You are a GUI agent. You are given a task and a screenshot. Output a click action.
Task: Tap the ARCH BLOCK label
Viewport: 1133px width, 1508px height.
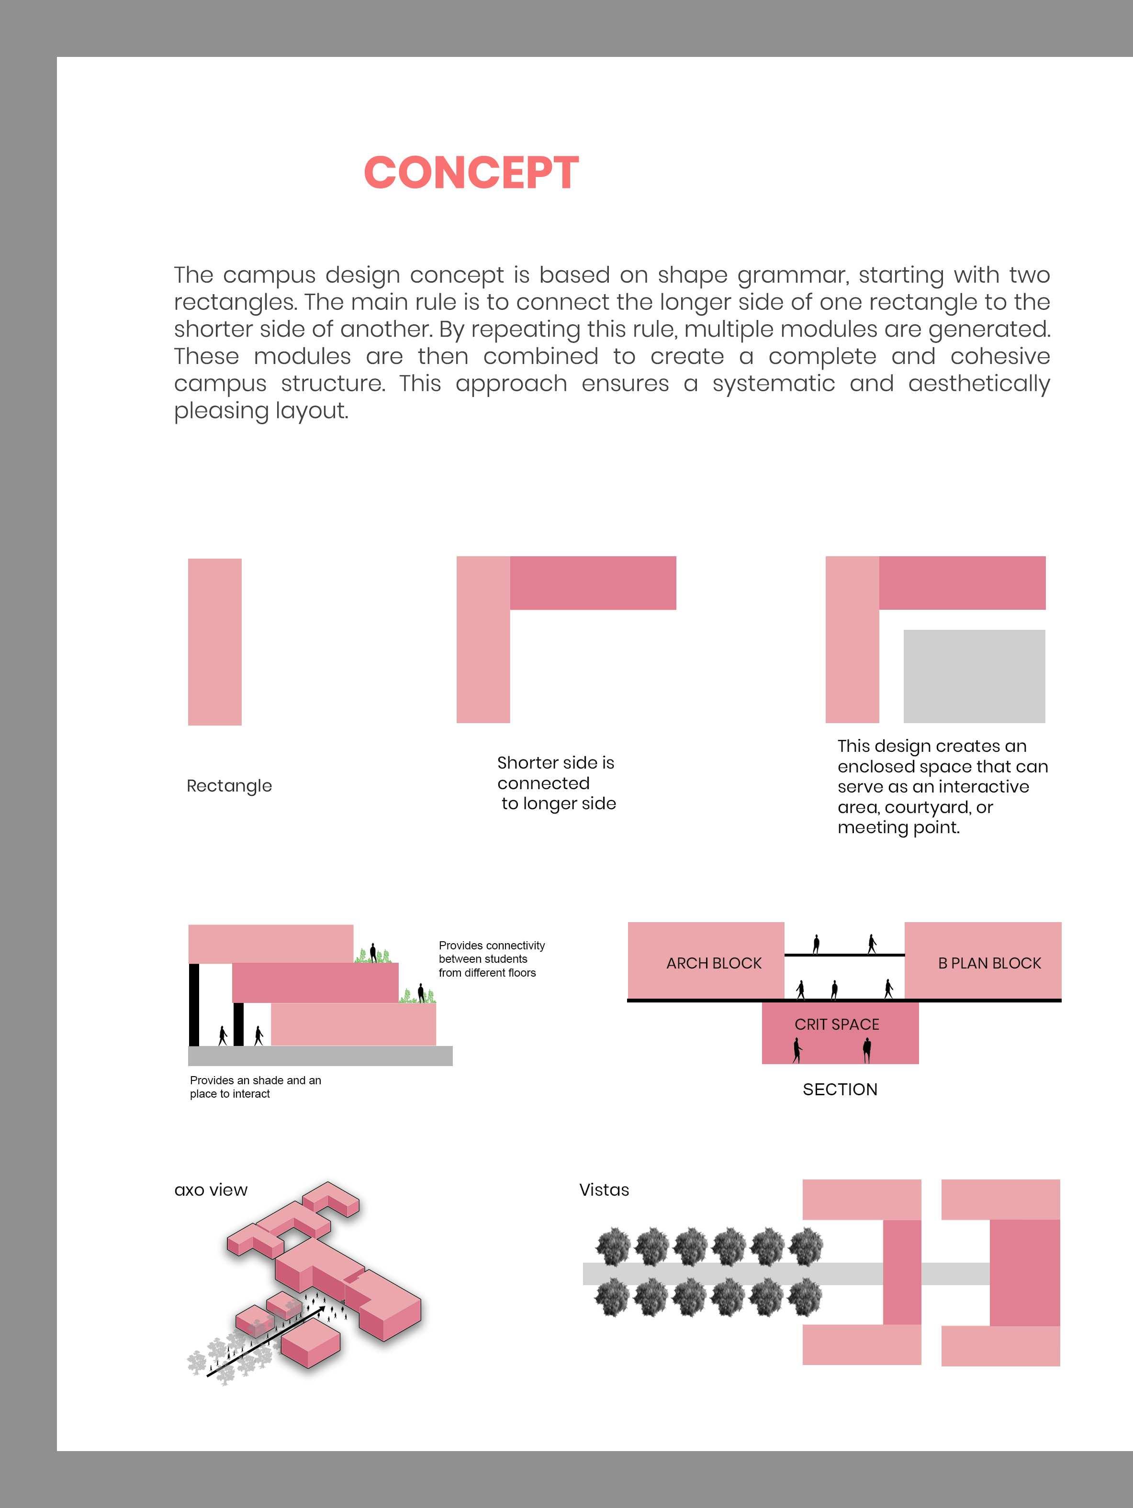pyautogui.click(x=714, y=963)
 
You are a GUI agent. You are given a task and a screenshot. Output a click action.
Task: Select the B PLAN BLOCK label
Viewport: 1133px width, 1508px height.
pyautogui.click(x=989, y=963)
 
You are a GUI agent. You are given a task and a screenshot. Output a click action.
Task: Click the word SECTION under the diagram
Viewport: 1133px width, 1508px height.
pyautogui.click(x=840, y=1090)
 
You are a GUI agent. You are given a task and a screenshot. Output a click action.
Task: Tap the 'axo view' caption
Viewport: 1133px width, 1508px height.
pyautogui.click(x=211, y=1190)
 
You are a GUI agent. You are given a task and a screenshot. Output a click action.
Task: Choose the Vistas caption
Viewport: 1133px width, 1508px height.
pyautogui.click(x=604, y=1190)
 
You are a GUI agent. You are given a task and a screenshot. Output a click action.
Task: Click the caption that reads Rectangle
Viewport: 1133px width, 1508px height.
pyautogui.click(x=229, y=786)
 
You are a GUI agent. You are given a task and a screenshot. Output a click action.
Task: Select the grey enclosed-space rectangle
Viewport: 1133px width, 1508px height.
pyautogui.click(x=974, y=676)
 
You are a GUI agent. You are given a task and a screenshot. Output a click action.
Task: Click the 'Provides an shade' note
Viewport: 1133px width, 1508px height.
pyautogui.click(x=255, y=1087)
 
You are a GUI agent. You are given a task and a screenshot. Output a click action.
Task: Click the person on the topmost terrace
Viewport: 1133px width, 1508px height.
pyautogui.click(x=372, y=952)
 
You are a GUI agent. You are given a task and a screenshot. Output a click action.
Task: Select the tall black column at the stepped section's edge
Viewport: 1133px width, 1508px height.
pyautogui.click(x=194, y=1004)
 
